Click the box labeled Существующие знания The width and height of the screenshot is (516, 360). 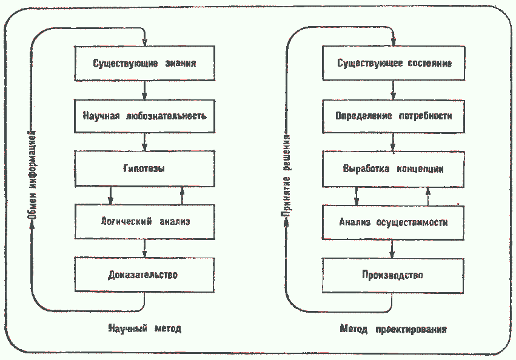click(x=145, y=63)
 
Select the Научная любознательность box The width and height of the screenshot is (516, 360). click(x=145, y=116)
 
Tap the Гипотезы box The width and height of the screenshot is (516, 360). click(x=145, y=169)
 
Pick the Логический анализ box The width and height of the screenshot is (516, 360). click(x=145, y=221)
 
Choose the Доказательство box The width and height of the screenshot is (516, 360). click(x=144, y=275)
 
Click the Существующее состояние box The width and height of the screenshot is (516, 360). click(x=394, y=63)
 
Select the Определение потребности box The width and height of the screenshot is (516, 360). click(x=394, y=116)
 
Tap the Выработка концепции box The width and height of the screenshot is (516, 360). click(x=394, y=169)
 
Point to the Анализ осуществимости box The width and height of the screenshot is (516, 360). click(x=394, y=222)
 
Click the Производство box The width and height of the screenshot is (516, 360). click(x=393, y=275)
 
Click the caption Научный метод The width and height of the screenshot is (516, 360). click(x=145, y=328)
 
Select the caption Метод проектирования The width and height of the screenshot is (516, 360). click(x=394, y=329)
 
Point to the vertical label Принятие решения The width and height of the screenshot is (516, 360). click(x=286, y=176)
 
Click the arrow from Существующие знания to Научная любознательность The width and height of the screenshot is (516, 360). click(x=144, y=90)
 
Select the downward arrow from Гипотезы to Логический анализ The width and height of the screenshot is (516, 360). click(x=110, y=196)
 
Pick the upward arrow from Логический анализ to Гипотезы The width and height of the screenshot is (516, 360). click(x=183, y=196)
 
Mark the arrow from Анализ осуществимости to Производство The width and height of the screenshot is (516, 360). click(x=392, y=249)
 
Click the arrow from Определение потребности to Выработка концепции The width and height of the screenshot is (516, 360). click(x=393, y=142)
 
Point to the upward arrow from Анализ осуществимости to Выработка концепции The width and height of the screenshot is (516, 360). click(x=428, y=196)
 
